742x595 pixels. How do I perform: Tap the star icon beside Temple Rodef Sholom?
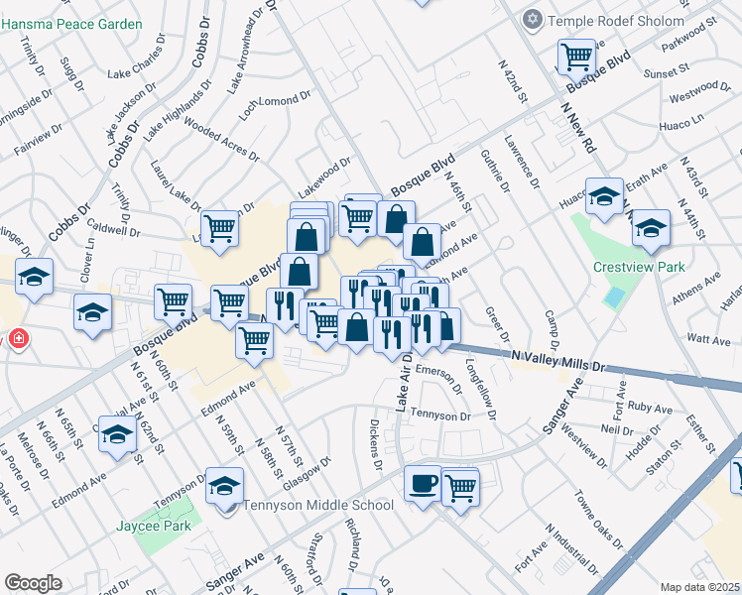point(534,20)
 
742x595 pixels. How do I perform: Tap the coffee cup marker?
point(424,483)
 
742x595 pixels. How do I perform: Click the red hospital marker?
point(18,340)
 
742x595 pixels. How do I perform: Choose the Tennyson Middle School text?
point(319,505)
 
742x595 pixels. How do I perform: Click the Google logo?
point(33,583)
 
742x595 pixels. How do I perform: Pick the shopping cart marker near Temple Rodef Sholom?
point(575,57)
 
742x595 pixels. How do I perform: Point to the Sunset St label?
point(666,71)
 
